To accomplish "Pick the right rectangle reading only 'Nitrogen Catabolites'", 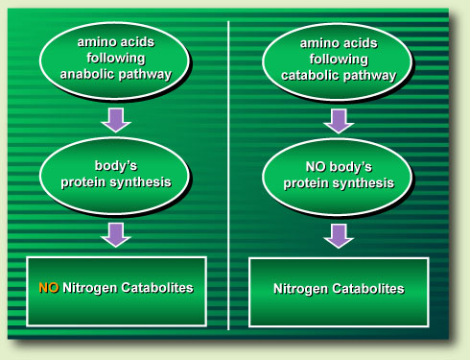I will click(x=338, y=287).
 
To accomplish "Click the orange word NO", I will click(x=49, y=287).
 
